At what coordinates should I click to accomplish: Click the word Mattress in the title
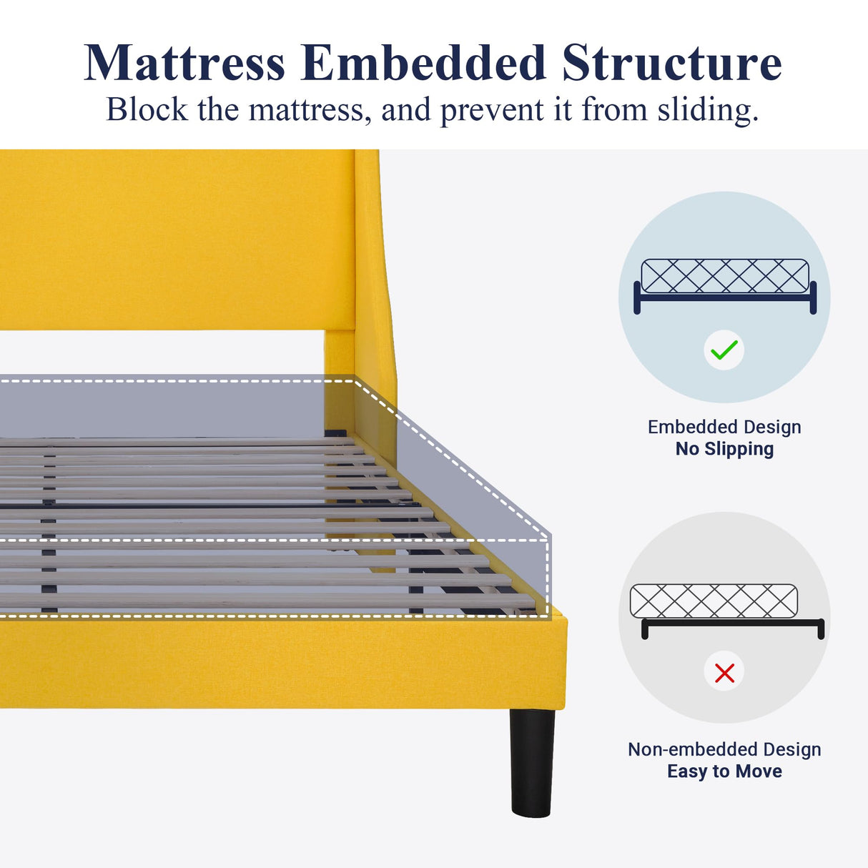(184, 64)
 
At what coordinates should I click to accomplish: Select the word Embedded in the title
(424, 64)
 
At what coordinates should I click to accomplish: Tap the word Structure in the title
(671, 64)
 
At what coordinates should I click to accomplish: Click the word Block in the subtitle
(147, 110)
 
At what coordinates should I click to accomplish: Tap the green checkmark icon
(724, 350)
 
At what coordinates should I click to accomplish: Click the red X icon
(724, 672)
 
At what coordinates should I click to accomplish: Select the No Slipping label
(724, 449)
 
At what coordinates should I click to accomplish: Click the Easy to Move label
(724, 771)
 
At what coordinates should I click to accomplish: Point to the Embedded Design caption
(724, 427)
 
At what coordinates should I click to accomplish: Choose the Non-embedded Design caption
(724, 749)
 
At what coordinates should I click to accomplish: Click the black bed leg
(532, 761)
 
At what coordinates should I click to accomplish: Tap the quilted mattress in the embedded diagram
(724, 275)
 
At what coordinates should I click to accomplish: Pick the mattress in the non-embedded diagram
(714, 601)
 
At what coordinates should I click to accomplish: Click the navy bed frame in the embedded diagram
(724, 297)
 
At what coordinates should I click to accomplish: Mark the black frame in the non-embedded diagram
(734, 623)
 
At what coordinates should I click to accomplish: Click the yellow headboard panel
(172, 240)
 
